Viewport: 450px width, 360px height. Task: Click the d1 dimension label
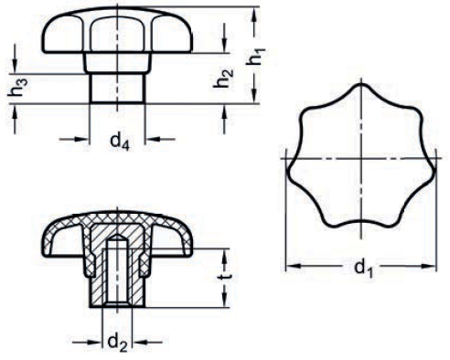[363, 268]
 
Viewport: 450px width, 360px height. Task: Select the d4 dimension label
[120, 141]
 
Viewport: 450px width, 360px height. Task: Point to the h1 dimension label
[255, 57]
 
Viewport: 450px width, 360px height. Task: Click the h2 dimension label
[223, 79]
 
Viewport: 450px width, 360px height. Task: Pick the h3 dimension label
[17, 88]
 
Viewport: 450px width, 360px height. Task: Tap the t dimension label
[226, 276]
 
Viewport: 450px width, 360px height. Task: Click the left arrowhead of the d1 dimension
[294, 266]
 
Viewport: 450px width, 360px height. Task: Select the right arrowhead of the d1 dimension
[428, 266]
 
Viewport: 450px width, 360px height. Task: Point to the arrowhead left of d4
[81, 139]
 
